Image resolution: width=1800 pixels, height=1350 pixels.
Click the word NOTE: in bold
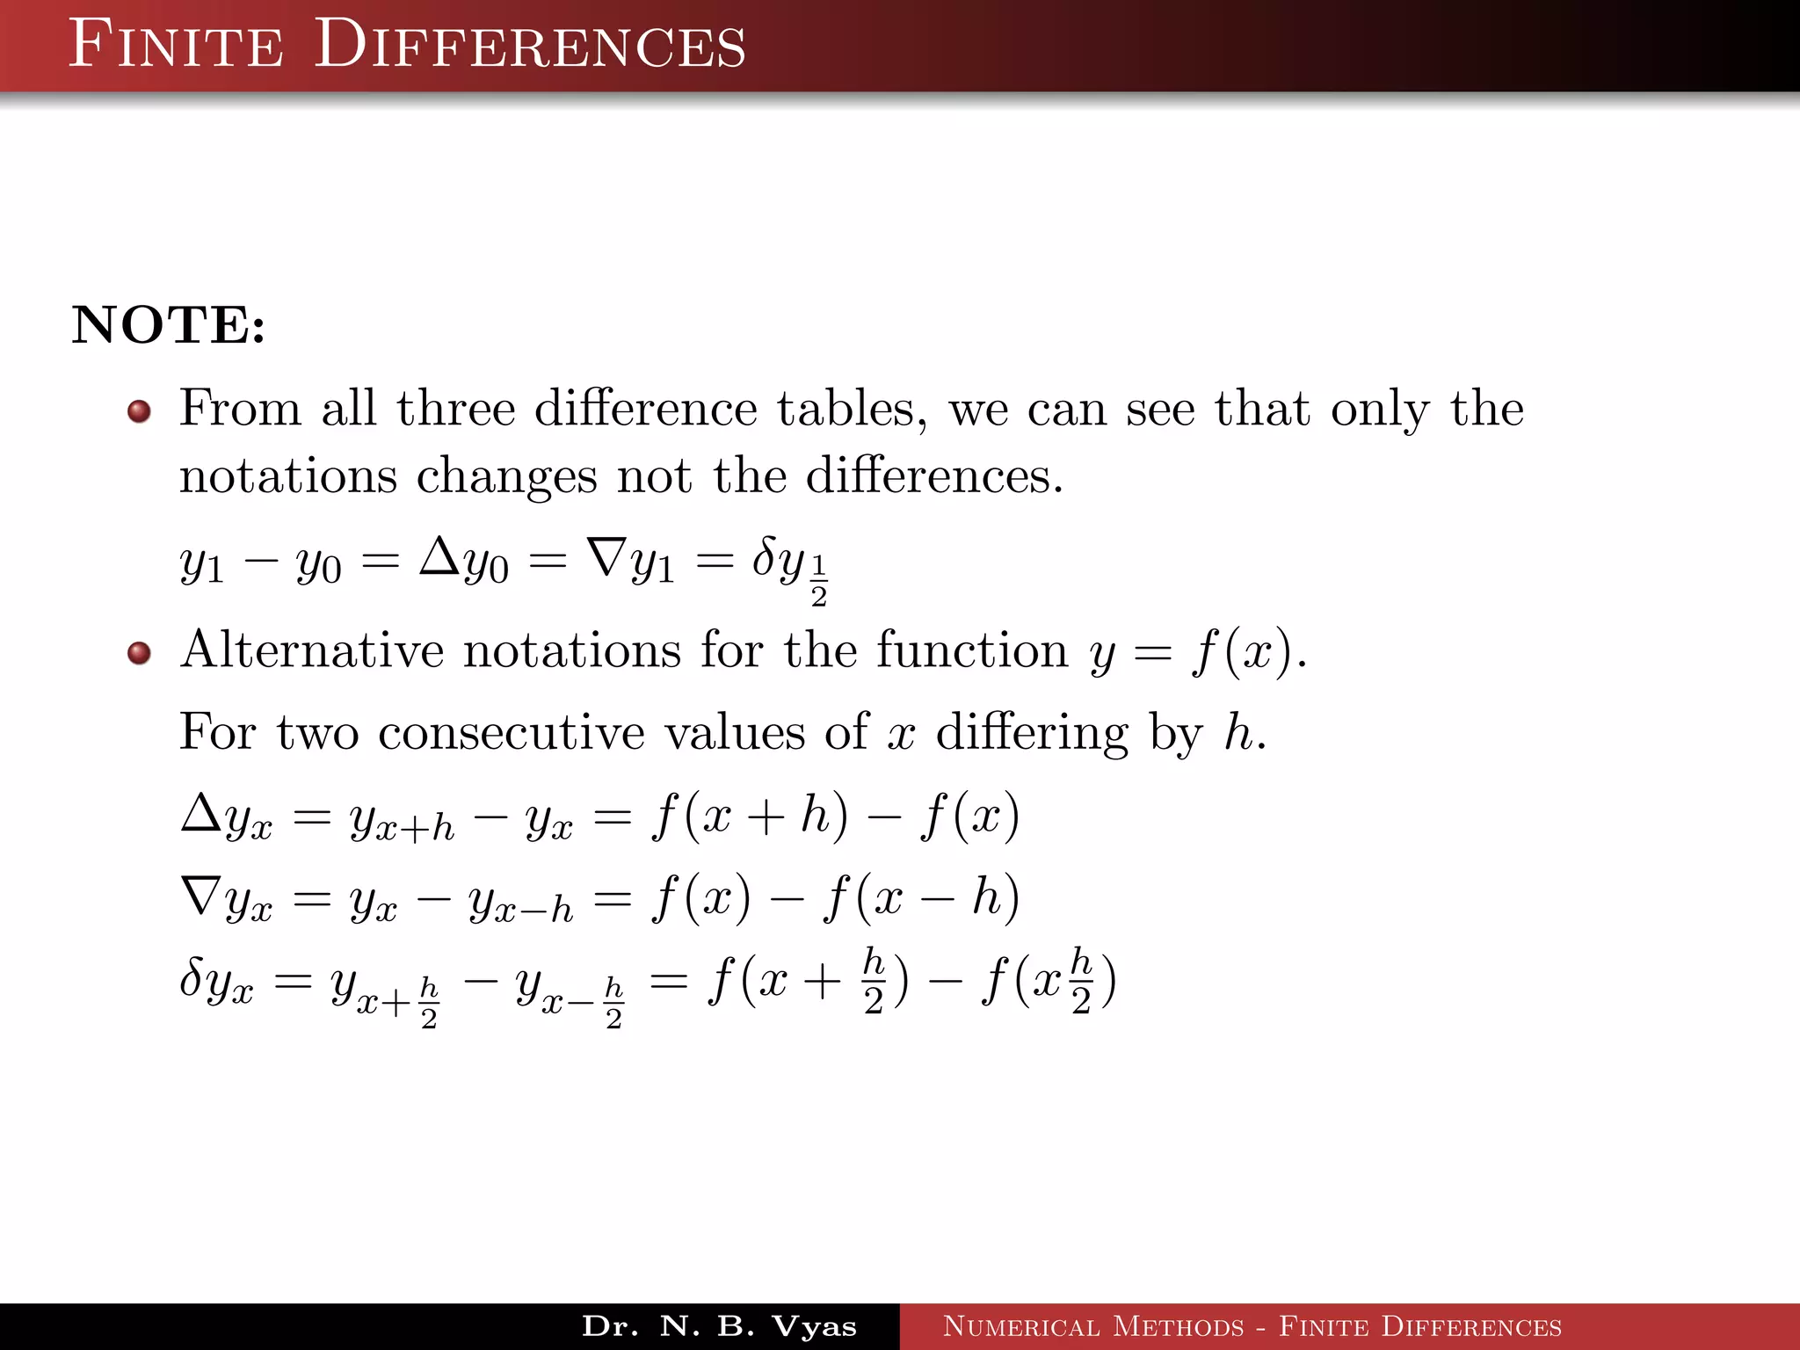[x=168, y=325]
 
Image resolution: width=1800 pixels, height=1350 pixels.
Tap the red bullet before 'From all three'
[x=139, y=411]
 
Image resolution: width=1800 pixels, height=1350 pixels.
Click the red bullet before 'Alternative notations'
[x=139, y=653]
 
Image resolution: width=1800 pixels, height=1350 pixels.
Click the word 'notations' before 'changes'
[x=288, y=476]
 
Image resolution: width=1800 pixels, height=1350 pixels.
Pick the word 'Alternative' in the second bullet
[x=312, y=650]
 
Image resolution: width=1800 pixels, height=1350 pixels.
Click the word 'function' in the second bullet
[x=972, y=650]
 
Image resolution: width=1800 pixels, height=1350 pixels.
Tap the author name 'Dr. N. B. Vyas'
[x=719, y=1326]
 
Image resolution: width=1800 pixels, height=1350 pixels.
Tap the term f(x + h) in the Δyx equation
[x=750, y=816]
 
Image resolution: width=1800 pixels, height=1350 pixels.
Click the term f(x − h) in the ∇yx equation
[x=921, y=898]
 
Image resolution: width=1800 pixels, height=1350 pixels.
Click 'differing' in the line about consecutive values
[x=1032, y=732]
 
